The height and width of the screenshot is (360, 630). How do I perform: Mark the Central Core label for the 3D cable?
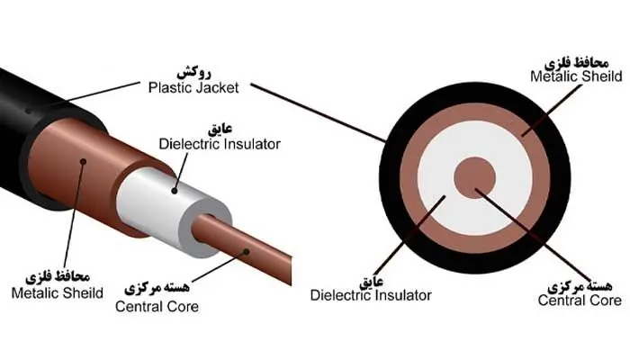157,306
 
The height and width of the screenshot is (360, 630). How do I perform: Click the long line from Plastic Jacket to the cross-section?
315,112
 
